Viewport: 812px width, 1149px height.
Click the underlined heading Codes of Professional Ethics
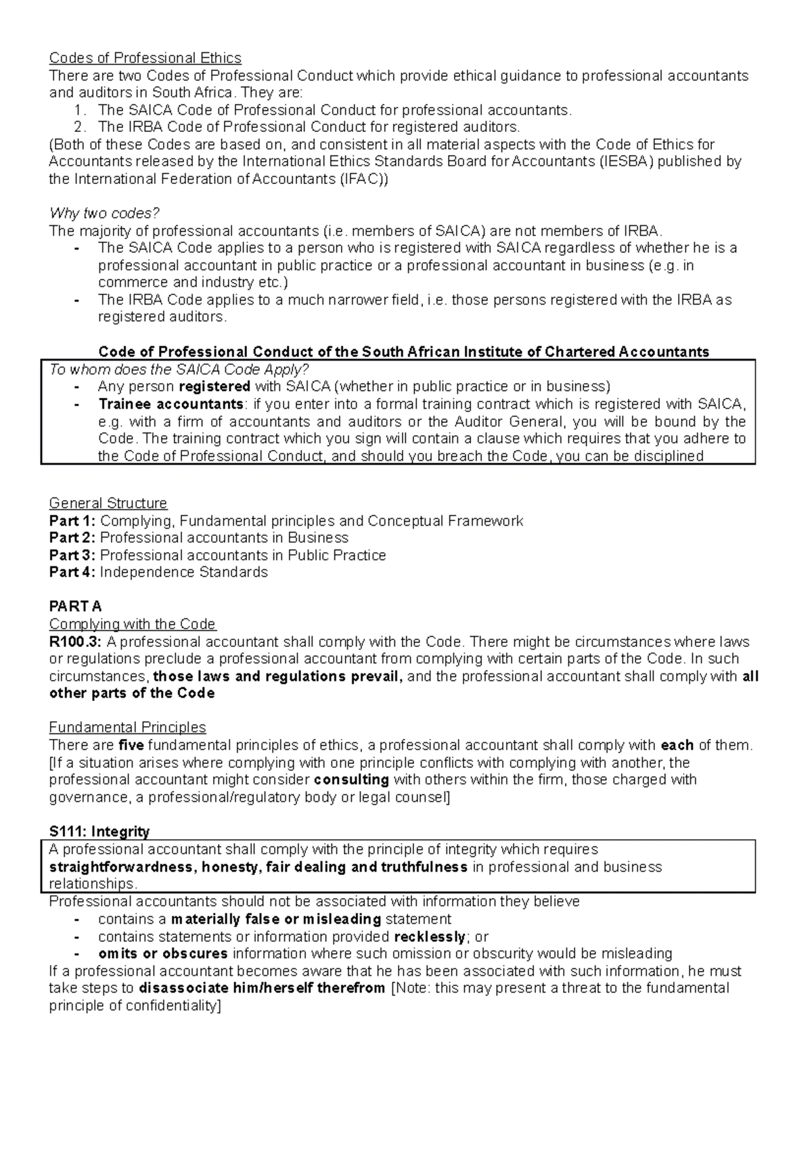point(145,58)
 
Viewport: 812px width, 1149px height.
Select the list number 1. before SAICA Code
point(81,110)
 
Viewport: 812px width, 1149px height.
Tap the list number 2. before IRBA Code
point(81,127)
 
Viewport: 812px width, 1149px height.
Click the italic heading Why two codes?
point(104,214)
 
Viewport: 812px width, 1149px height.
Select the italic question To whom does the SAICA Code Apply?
point(179,369)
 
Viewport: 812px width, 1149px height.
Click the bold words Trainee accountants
point(171,404)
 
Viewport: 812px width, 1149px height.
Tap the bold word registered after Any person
point(214,387)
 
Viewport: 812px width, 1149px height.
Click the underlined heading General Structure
point(108,503)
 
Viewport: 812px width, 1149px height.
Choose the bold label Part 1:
point(72,521)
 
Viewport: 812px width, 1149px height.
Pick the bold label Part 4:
point(72,572)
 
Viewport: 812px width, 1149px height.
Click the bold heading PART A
point(75,606)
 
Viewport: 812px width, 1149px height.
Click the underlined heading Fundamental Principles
point(127,727)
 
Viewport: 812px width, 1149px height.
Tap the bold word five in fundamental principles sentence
point(131,746)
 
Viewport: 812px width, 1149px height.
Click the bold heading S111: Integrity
point(99,832)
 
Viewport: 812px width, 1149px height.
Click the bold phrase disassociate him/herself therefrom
point(262,989)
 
